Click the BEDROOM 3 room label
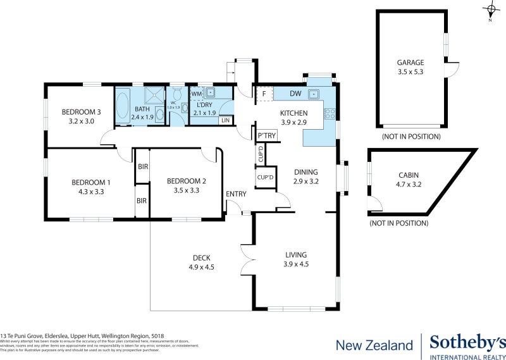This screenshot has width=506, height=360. [81, 112]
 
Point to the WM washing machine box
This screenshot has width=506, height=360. [196, 94]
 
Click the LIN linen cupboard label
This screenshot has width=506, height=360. [225, 120]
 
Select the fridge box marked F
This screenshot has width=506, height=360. [262, 94]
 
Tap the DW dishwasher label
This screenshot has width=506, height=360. [295, 94]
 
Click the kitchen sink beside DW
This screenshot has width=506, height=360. [313, 94]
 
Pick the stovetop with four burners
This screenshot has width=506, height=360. [329, 115]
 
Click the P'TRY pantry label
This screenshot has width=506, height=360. [266, 136]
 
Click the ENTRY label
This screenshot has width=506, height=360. [236, 194]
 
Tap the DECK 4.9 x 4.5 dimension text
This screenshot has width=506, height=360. [202, 267]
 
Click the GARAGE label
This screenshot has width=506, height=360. [410, 63]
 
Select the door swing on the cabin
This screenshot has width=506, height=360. [376, 204]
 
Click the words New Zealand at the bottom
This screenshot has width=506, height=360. [374, 345]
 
